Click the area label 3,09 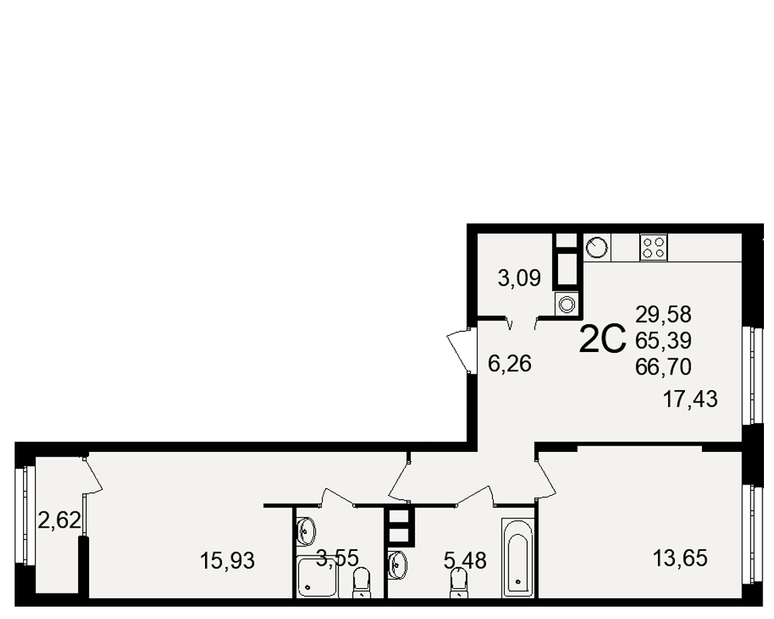click(x=519, y=279)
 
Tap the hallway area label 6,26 click(x=509, y=364)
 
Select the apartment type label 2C click(x=602, y=340)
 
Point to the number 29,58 click(x=663, y=314)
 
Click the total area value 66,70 click(x=663, y=367)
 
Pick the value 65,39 click(x=663, y=340)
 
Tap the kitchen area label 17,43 click(x=690, y=398)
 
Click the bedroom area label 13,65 click(x=680, y=559)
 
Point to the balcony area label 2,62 click(x=60, y=520)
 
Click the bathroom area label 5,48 click(x=465, y=561)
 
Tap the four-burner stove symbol click(x=654, y=248)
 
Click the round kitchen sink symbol click(x=598, y=248)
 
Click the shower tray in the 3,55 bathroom click(x=317, y=576)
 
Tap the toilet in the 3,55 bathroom click(x=361, y=583)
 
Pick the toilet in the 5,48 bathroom click(x=459, y=583)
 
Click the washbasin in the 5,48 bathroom click(x=396, y=561)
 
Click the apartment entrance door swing click(x=457, y=351)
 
